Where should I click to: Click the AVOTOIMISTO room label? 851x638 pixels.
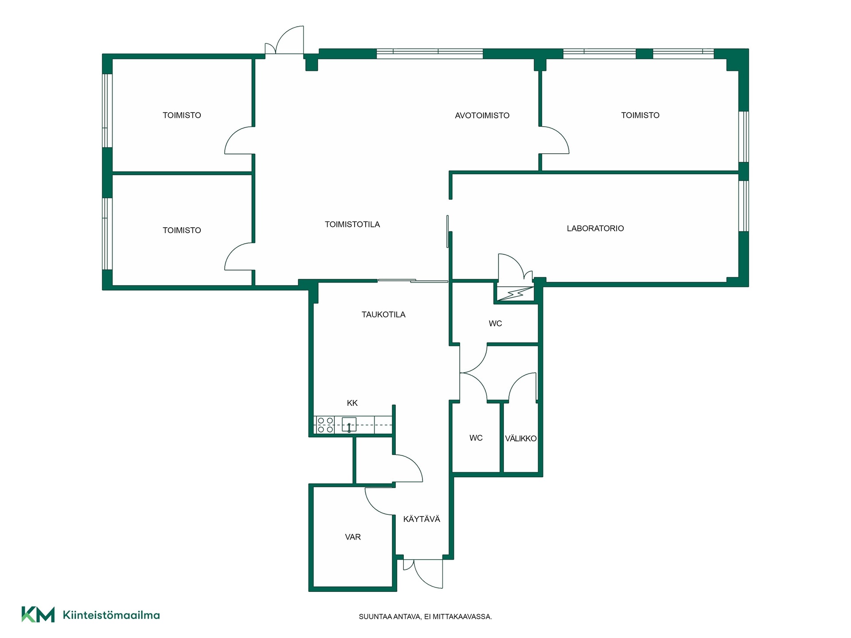(x=482, y=116)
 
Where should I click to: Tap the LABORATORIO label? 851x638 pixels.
(x=595, y=229)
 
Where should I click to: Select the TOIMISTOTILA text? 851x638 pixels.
(x=352, y=225)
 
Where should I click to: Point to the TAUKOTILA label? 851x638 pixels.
(x=383, y=315)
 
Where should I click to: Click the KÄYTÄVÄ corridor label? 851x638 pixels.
(x=422, y=519)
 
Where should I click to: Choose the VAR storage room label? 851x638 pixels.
(x=353, y=537)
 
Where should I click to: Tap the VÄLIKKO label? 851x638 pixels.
(x=521, y=438)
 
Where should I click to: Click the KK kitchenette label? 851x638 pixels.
(x=352, y=403)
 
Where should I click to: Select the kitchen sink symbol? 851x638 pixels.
(x=349, y=425)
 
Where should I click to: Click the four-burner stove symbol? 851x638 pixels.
(x=325, y=425)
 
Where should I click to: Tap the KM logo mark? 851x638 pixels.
(x=38, y=615)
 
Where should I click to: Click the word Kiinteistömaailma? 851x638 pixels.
(x=111, y=615)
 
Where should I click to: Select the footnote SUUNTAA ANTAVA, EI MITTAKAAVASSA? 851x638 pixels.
(x=425, y=617)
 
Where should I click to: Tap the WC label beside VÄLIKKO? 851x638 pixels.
(x=476, y=438)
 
